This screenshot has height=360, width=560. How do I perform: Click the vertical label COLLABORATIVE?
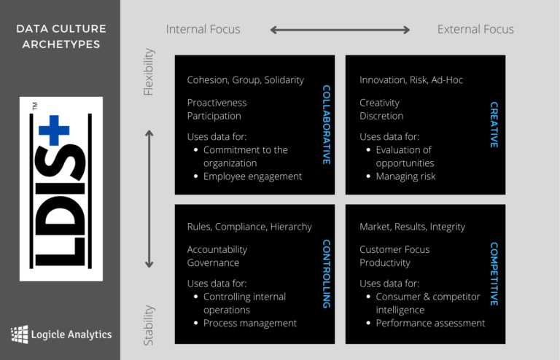pyautogui.click(x=326, y=125)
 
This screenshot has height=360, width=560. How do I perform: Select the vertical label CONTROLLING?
pyautogui.click(x=326, y=273)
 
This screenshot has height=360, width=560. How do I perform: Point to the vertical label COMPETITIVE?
pyautogui.click(x=494, y=274)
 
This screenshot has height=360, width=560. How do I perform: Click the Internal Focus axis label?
pyautogui.click(x=203, y=29)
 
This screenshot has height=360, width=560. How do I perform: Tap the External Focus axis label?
pyautogui.click(x=475, y=29)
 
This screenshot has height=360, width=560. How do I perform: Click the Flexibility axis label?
pyautogui.click(x=149, y=72)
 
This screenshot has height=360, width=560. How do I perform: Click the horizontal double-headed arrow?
pyautogui.click(x=340, y=30)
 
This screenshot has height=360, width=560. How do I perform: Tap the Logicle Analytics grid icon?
pyautogui.click(x=20, y=334)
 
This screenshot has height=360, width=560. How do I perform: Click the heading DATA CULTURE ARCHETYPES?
pyautogui.click(x=61, y=36)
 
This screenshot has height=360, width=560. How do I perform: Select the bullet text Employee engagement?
pyautogui.click(x=252, y=176)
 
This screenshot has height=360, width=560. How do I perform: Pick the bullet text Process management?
pyautogui.click(x=250, y=323)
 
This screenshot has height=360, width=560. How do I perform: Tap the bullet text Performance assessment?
pyautogui.click(x=430, y=323)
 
